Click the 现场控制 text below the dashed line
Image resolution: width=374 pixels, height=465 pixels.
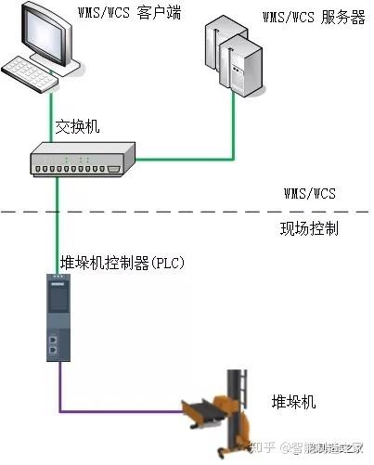(x=307, y=228)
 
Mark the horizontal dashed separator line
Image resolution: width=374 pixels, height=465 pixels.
(x=186, y=212)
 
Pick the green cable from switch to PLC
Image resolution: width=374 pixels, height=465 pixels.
(x=58, y=223)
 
